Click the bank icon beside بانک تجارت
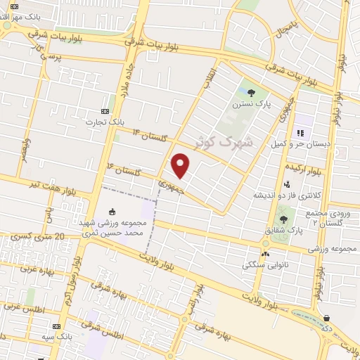point(105,111)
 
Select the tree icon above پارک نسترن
point(251,93)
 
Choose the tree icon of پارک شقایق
point(283,219)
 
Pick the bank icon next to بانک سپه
point(57,327)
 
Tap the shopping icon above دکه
point(326,318)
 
